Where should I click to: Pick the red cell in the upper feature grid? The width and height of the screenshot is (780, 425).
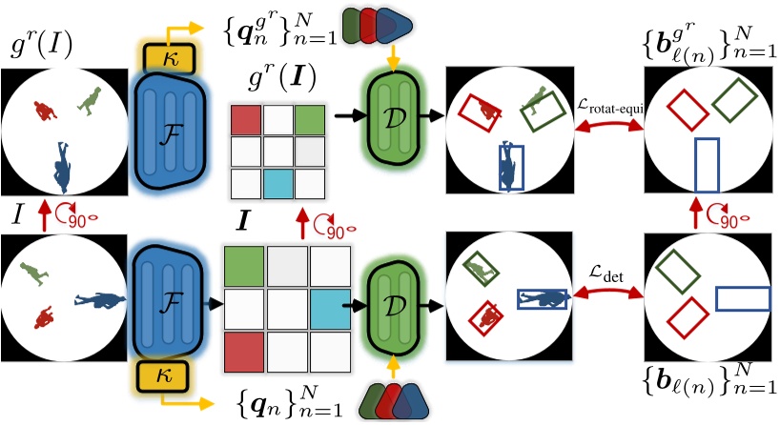point(246,120)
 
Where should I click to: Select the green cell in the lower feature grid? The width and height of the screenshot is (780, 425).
point(244,262)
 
